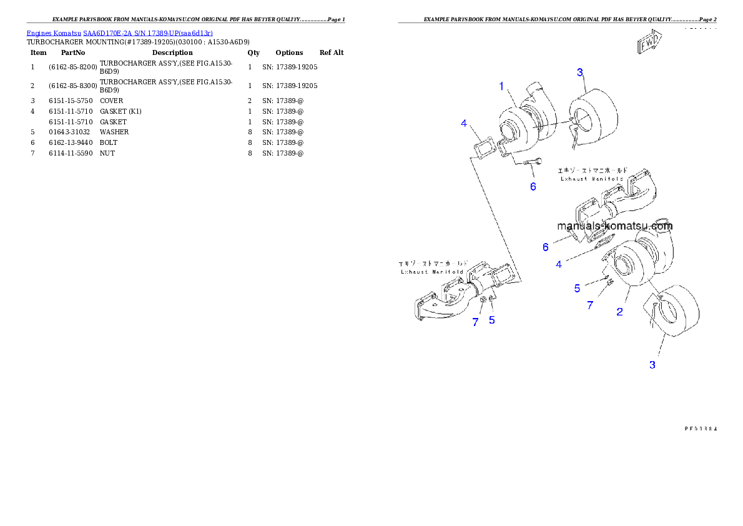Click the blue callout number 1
(501, 87)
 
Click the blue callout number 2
(619, 312)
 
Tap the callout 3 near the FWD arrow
(580, 72)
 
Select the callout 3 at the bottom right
(652, 365)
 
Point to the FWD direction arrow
(649, 44)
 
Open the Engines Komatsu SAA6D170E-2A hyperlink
(119, 33)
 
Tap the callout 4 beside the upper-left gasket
(464, 124)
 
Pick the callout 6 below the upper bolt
(533, 186)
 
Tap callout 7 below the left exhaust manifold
(475, 322)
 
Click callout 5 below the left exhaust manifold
(492, 320)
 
